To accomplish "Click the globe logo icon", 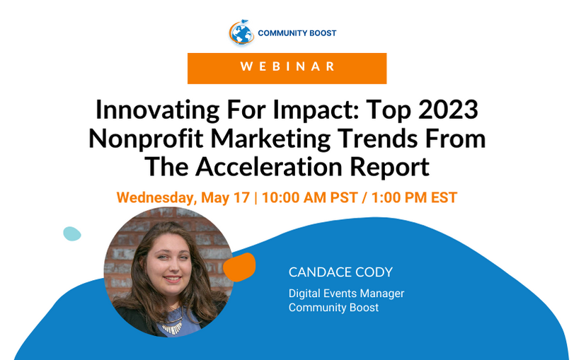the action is coord(241,33).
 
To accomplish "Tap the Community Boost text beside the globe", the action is coord(297,33).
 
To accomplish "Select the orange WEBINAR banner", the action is coord(287,69).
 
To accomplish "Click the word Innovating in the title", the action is coord(157,110).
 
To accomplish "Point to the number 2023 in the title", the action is coord(448,110).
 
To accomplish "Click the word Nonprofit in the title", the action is coord(146,139).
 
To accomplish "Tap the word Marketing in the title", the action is coord(270,139).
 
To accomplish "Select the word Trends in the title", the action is coord(377,139).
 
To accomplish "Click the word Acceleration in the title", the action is coord(268,167).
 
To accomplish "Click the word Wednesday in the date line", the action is coord(156,198).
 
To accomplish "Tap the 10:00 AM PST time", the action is coord(309,197).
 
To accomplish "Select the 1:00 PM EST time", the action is coord(414,197).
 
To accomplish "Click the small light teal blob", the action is coord(71,234).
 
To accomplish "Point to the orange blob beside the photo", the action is coord(239,267).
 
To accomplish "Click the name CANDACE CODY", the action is coord(340,272).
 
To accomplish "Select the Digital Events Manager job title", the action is coord(346,294).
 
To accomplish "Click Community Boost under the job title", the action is coord(333,308).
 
